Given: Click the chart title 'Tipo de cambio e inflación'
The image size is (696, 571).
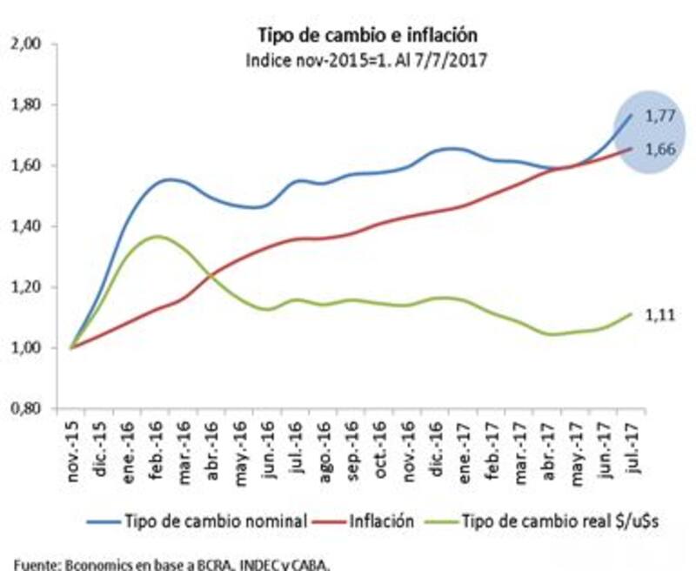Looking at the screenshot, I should coord(366,36).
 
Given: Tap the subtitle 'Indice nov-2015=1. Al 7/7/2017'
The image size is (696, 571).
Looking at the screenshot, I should coord(366,61).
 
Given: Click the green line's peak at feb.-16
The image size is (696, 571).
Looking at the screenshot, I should coord(156,236).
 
